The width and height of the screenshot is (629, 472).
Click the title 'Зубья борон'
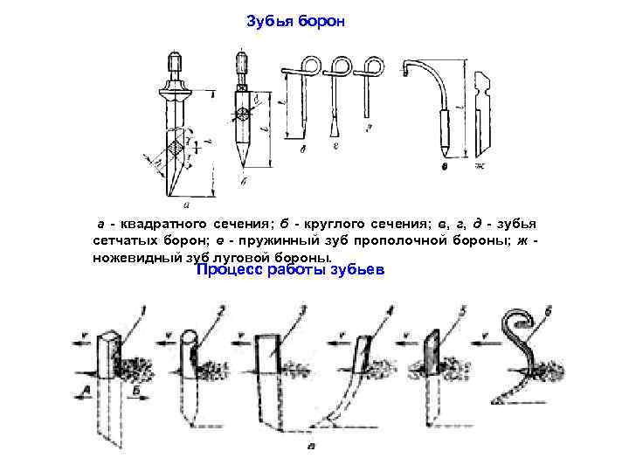[296, 20]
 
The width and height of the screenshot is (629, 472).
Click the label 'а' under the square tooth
[184, 204]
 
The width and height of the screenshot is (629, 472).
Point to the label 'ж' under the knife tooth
[479, 165]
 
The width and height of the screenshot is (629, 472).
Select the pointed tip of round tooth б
[242, 162]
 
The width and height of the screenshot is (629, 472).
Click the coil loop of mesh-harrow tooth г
[340, 66]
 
